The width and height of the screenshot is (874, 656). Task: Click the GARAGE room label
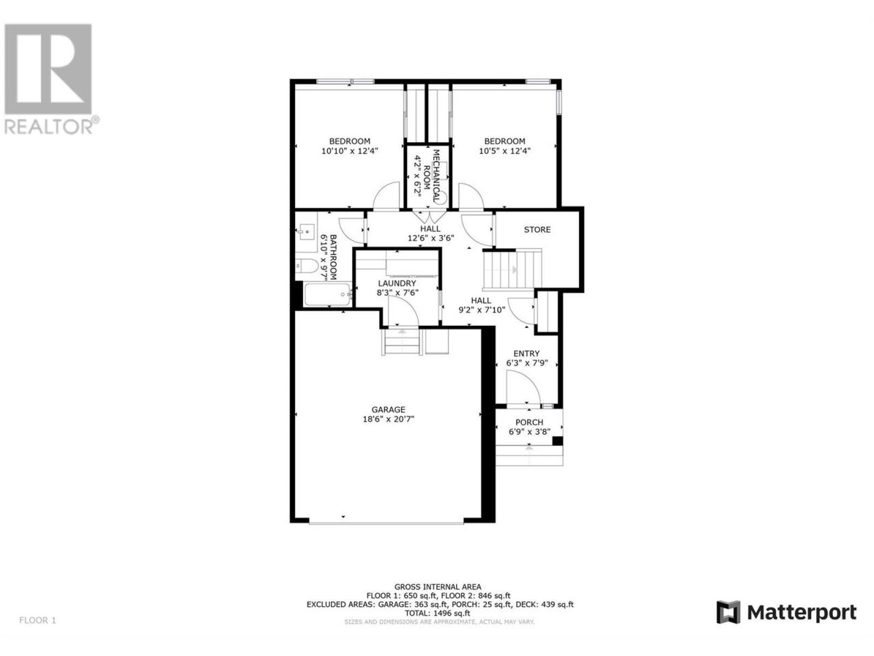[388, 409]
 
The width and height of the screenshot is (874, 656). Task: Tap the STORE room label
[537, 230]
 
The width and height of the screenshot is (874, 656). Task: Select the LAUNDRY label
[397, 283]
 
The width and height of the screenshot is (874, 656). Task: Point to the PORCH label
[528, 422]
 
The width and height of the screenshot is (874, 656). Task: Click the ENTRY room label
[526, 353]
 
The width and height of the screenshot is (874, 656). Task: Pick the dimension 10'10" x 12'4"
[349, 151]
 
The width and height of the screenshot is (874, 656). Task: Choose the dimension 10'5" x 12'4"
[505, 151]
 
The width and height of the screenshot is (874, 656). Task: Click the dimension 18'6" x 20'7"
[389, 419]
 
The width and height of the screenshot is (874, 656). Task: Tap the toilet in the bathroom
[307, 265]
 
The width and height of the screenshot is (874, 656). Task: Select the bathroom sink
[306, 231]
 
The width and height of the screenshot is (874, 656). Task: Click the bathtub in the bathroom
[327, 295]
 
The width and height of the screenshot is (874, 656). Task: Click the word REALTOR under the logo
[48, 126]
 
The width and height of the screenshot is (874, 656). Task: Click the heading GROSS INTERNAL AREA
[438, 587]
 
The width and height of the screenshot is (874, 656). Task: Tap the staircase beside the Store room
[513, 269]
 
